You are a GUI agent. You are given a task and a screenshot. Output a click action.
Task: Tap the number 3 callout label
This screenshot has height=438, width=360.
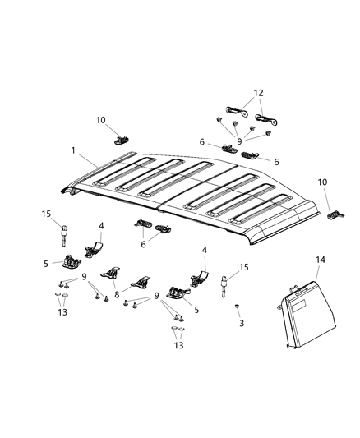[x=241, y=324]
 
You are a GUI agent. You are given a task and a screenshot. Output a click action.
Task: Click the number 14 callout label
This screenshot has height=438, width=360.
[x=320, y=259]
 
